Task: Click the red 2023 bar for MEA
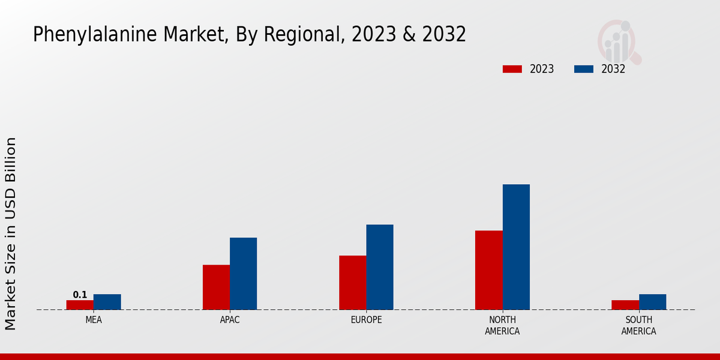[80, 305]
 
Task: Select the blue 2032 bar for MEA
[107, 302]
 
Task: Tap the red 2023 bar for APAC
[216, 287]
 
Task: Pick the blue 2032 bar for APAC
[243, 274]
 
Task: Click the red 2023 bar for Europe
[352, 283]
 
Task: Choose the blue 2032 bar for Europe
[380, 267]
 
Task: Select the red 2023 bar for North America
[488, 270]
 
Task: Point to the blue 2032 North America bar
[516, 247]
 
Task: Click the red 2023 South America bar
[625, 305]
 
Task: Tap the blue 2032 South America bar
[652, 302]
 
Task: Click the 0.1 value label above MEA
[80, 295]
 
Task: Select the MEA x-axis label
[94, 320]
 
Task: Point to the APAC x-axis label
[230, 320]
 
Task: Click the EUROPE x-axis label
[366, 320]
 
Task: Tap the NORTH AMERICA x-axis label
[502, 325]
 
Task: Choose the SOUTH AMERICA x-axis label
[638, 325]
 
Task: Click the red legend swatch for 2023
[512, 69]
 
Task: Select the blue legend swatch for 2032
[583, 69]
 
